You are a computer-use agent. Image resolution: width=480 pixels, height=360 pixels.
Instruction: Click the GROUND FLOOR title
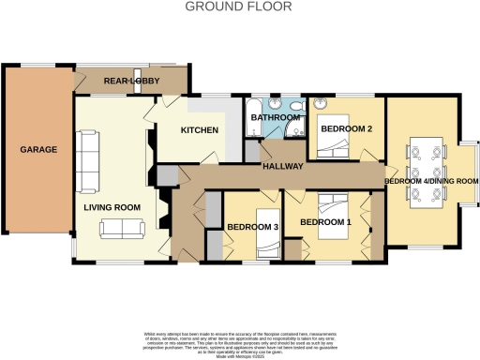(x=239, y=7)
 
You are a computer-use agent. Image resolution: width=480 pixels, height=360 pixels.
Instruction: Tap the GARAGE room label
(x=39, y=149)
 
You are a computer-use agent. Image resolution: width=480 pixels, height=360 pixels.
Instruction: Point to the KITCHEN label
(x=199, y=130)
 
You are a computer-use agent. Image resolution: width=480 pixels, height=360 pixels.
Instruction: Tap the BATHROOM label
(x=273, y=118)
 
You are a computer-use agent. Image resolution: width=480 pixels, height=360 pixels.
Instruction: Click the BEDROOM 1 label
(x=325, y=221)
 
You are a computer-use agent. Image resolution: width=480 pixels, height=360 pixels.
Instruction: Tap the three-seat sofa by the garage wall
(x=88, y=157)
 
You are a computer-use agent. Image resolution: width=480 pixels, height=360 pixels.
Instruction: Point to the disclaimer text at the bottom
(x=240, y=342)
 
